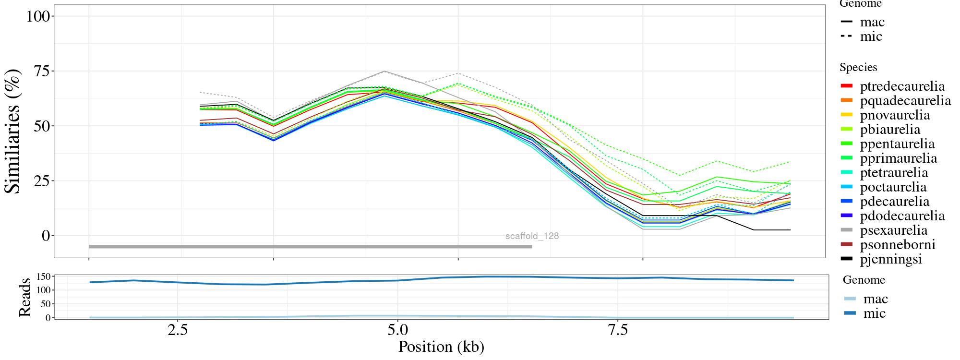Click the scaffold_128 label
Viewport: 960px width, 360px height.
532,236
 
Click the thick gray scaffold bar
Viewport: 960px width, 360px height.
310,247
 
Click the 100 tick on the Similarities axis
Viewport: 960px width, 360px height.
38,16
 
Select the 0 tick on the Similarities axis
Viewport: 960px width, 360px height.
46,236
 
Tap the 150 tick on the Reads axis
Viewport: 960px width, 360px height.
44,276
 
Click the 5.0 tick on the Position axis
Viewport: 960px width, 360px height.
397,331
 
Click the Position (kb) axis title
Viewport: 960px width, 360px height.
441,347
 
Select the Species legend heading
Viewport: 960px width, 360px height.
858,68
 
